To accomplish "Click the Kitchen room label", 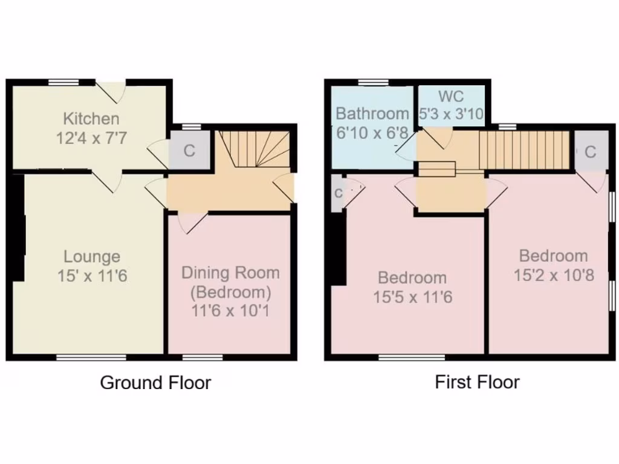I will pyautogui.click(x=92, y=118).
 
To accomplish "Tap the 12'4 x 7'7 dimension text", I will pyautogui.click(x=92, y=139).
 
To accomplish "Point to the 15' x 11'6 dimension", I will pyautogui.click(x=92, y=276).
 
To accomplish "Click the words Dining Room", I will pyautogui.click(x=231, y=272).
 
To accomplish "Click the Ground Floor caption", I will pyautogui.click(x=155, y=382).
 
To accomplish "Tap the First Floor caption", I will pyautogui.click(x=477, y=382).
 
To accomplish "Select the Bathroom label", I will pyautogui.click(x=372, y=114).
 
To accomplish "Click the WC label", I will pyautogui.click(x=452, y=97).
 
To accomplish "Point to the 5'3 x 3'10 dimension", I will pyautogui.click(x=452, y=114).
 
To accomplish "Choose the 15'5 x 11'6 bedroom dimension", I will pyautogui.click(x=412, y=297).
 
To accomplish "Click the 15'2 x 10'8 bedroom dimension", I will pyautogui.click(x=554, y=275).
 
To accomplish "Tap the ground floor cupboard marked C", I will pyautogui.click(x=190, y=150).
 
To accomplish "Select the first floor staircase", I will pyautogui.click(x=524, y=151).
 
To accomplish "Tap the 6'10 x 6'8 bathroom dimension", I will pyautogui.click(x=371, y=132).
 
